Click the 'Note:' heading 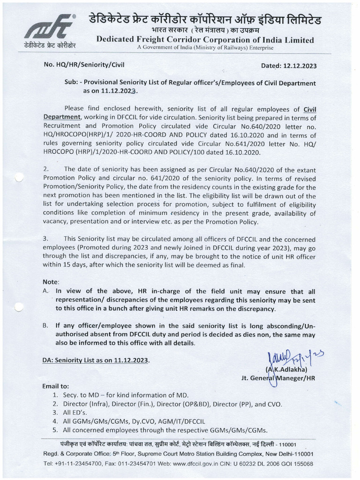pyautogui.click(x=51, y=282)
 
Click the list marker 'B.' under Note pyautogui.click(x=45, y=326)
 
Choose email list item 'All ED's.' pyautogui.click(x=78, y=412)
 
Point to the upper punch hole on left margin pyautogui.click(x=19, y=178)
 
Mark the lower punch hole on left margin pyautogui.click(x=19, y=307)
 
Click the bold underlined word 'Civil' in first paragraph pyautogui.click(x=309, y=109)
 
